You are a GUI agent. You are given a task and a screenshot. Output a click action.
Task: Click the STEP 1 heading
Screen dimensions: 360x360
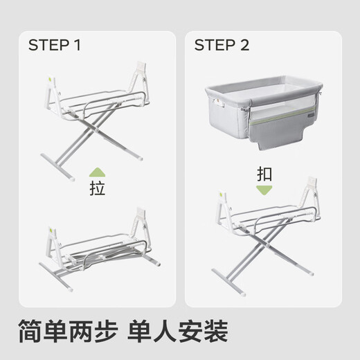[x=55, y=46]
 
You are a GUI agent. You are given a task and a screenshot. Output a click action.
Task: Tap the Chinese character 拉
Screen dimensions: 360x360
[x=98, y=189]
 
